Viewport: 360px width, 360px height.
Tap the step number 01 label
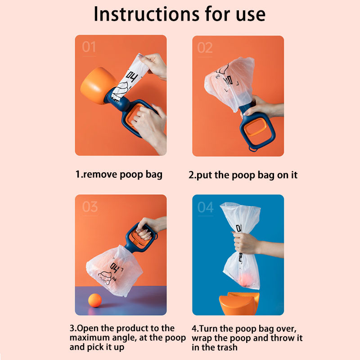point(89,47)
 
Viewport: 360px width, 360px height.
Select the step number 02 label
point(205,48)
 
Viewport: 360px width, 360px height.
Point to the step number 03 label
point(90,207)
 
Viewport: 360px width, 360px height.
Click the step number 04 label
point(206,207)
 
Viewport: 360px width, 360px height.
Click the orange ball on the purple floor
point(95,300)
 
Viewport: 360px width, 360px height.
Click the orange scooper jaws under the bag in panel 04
point(239,303)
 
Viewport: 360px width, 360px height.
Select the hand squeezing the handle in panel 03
point(149,228)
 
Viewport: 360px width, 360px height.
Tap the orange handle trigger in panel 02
point(255,127)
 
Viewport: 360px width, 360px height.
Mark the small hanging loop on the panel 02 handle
point(253,149)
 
